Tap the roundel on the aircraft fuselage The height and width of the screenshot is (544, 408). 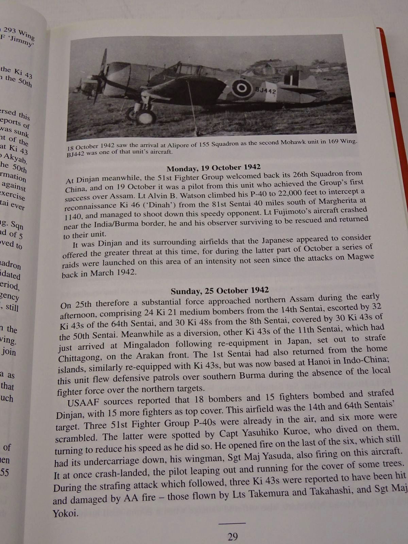[x=242, y=88]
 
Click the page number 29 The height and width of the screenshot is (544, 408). [x=233, y=537]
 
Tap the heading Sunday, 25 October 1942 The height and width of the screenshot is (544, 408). [x=220, y=291]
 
